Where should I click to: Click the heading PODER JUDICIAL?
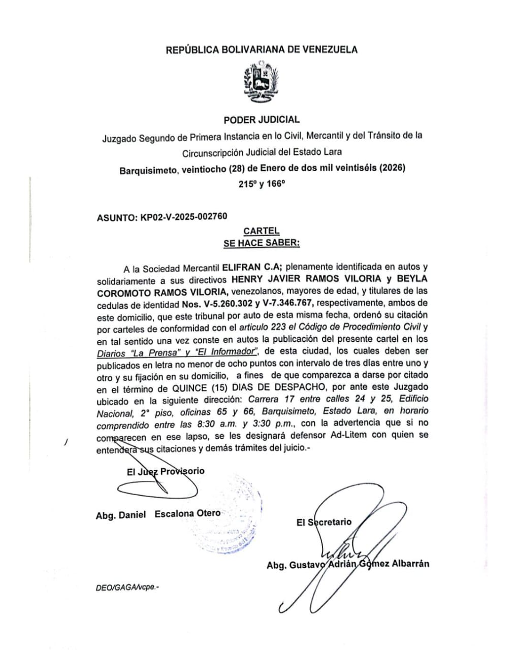coord(262,120)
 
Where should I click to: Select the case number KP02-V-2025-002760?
coord(184,217)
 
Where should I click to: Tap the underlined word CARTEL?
coord(261,231)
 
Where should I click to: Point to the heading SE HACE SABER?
coord(262,243)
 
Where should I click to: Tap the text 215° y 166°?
coord(262,184)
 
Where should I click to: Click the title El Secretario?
coord(324,522)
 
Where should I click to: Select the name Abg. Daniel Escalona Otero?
coord(158,514)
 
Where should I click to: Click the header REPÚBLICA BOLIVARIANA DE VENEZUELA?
coord(262,49)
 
